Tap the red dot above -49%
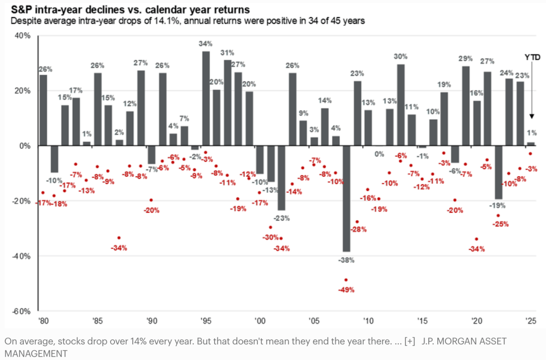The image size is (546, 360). (346, 280)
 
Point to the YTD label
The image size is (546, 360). (532, 57)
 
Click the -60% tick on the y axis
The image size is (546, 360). (21, 311)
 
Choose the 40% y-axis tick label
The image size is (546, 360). (23, 36)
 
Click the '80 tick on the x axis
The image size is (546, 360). (43, 322)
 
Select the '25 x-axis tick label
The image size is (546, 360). (531, 322)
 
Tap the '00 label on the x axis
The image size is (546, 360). (260, 322)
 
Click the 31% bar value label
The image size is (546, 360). (227, 53)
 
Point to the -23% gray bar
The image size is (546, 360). (281, 178)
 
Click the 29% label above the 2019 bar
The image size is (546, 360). (465, 59)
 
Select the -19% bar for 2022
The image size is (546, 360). (498, 172)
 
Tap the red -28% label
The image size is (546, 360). (358, 229)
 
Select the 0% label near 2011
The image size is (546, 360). (379, 154)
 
